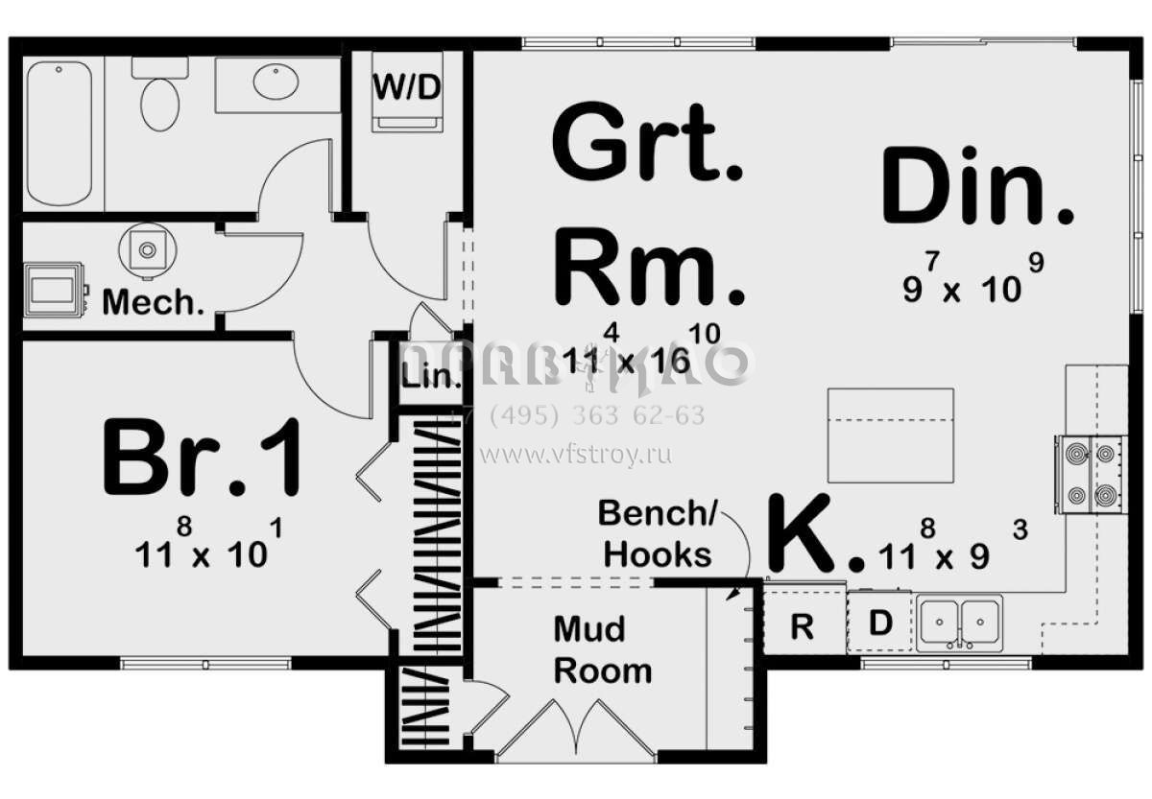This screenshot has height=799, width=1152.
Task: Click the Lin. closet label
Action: point(431,376)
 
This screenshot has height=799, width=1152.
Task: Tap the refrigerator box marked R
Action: point(803,625)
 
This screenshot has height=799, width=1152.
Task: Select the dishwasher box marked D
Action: point(880,623)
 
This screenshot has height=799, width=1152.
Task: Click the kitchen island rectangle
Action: point(890,435)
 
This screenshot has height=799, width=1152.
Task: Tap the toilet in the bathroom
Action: point(160,98)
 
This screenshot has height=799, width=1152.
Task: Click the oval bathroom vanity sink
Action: point(276,82)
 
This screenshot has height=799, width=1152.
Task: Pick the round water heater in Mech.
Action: point(148,249)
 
